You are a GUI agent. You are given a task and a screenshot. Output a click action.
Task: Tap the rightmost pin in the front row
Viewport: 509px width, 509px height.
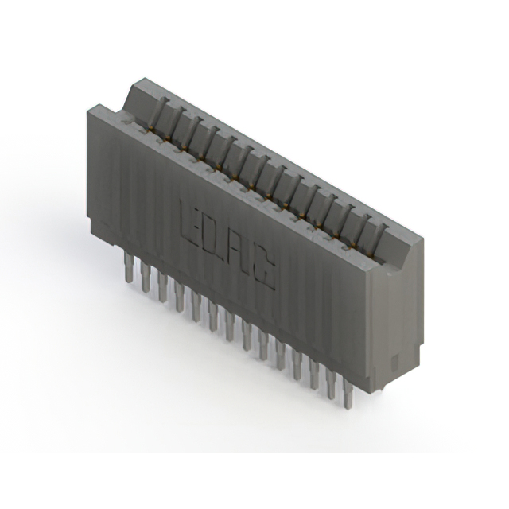click(x=347, y=394)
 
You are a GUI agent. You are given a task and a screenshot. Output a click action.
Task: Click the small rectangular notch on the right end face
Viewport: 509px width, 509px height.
click(x=398, y=356)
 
